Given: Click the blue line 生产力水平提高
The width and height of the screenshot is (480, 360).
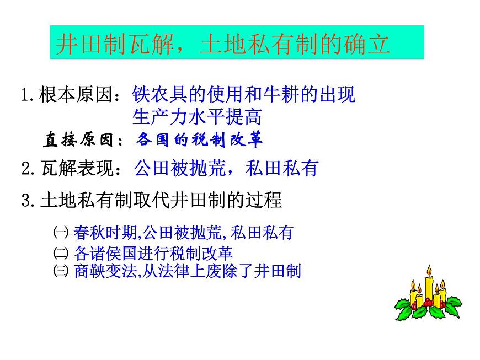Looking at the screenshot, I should [x=197, y=117].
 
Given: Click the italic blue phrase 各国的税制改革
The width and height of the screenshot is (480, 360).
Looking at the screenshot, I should [x=199, y=139].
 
